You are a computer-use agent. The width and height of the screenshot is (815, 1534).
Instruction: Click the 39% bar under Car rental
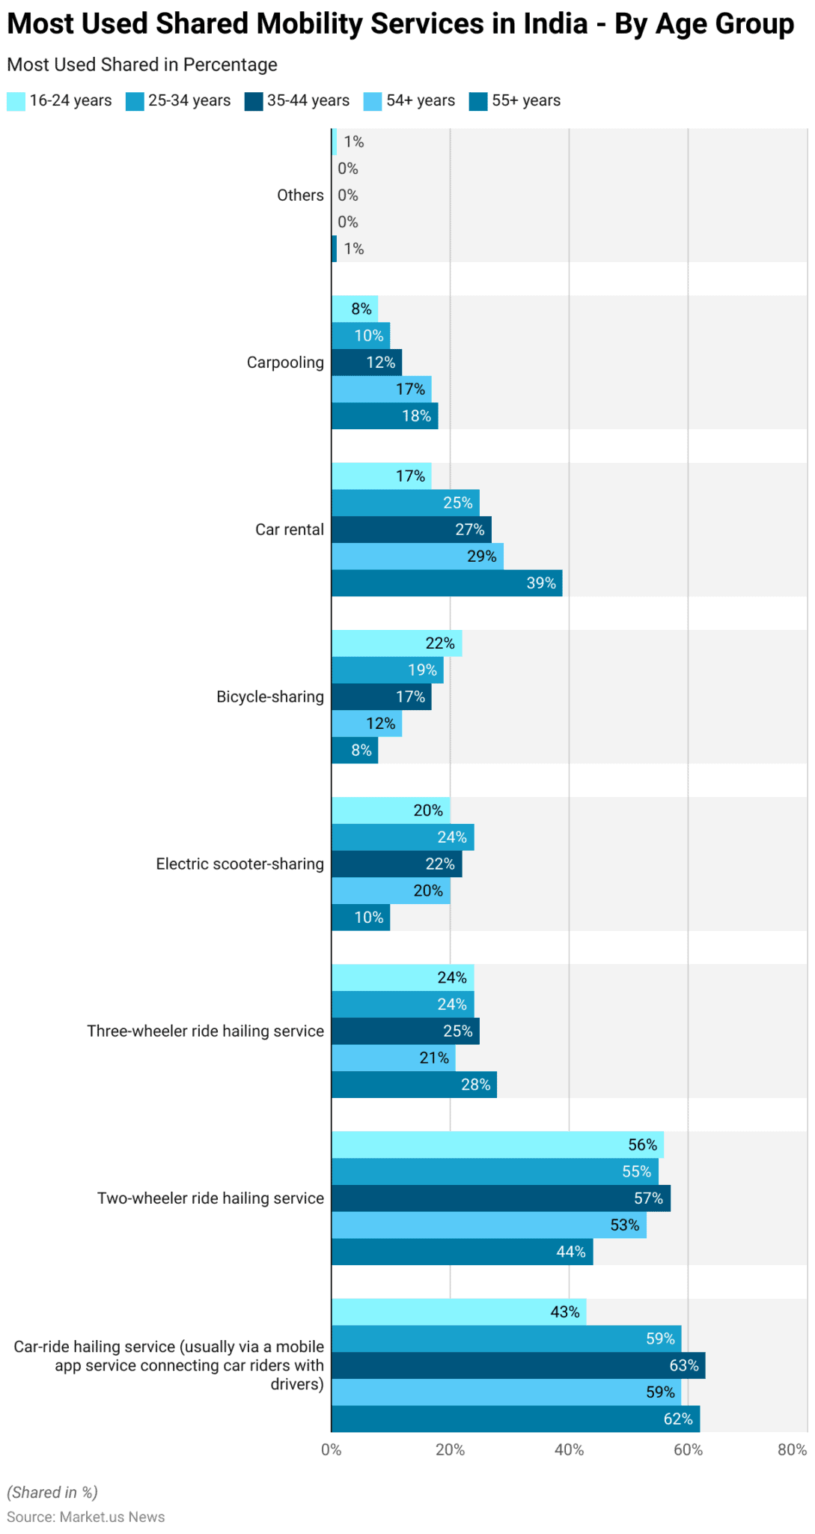[x=447, y=583]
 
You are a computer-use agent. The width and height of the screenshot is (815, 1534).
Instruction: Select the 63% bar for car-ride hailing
[x=519, y=1365]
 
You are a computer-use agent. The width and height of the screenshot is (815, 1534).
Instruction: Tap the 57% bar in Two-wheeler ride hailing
[x=501, y=1198]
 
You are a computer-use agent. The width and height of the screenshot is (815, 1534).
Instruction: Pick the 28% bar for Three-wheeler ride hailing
[x=414, y=1084]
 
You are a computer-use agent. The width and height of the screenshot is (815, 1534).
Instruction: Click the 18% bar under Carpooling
[x=385, y=416]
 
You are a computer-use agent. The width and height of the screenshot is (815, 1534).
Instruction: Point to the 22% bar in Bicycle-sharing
[x=397, y=643]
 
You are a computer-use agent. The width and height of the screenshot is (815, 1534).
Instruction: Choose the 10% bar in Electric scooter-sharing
[x=361, y=917]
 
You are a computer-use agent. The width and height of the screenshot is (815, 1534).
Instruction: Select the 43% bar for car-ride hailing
[x=459, y=1312]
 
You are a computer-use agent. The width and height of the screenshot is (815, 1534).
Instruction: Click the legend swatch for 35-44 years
[x=254, y=101]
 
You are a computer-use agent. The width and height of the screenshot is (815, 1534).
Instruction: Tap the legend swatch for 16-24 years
[x=16, y=101]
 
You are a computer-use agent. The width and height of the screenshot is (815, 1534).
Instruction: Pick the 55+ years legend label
[x=526, y=100]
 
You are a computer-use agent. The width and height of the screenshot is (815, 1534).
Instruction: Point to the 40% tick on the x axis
[x=569, y=1449]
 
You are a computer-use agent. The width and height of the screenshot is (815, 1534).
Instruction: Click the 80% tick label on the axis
[x=793, y=1449]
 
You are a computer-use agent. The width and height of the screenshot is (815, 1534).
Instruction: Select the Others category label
[x=300, y=195]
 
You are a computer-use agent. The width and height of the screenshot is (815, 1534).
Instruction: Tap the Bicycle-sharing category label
[x=270, y=697]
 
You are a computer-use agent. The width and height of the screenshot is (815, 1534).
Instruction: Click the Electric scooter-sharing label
[x=239, y=864]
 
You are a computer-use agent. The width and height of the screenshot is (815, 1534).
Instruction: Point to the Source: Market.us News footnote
[x=86, y=1517]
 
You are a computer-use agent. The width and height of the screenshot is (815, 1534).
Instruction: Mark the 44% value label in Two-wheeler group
[x=571, y=1252]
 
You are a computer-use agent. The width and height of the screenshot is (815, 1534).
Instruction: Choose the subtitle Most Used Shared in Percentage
[x=142, y=65]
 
